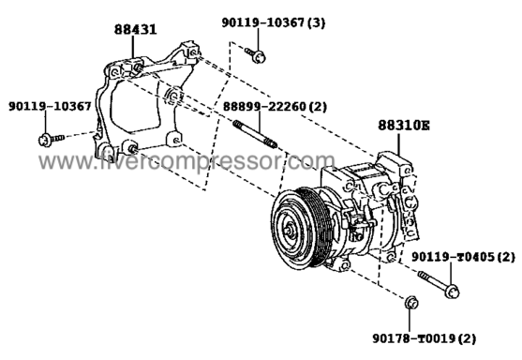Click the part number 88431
click(136, 29)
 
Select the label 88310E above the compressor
click(404, 126)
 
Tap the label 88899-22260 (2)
click(275, 107)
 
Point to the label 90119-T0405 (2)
click(463, 257)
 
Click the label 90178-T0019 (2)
click(424, 338)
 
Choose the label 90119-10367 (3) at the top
click(274, 22)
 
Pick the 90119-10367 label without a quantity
click(50, 106)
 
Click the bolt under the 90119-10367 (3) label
click(256, 55)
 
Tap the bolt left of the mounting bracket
click(51, 139)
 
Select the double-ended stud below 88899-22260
click(255, 134)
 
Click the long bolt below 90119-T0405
click(439, 284)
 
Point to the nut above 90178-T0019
click(411, 303)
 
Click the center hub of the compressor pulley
click(290, 230)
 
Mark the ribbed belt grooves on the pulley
click(314, 227)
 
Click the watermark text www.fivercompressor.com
click(187, 161)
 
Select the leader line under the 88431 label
click(133, 48)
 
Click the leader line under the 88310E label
click(398, 143)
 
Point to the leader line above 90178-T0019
click(410, 321)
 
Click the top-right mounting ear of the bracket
click(189, 51)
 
